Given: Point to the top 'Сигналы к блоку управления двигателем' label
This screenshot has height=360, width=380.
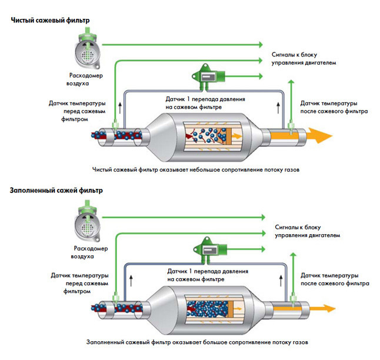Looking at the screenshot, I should click(304, 56).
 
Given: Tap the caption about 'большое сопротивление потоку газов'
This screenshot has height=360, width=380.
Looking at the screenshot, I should click(196, 342).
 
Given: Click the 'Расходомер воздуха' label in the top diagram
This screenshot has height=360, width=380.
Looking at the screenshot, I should click(86, 79).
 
